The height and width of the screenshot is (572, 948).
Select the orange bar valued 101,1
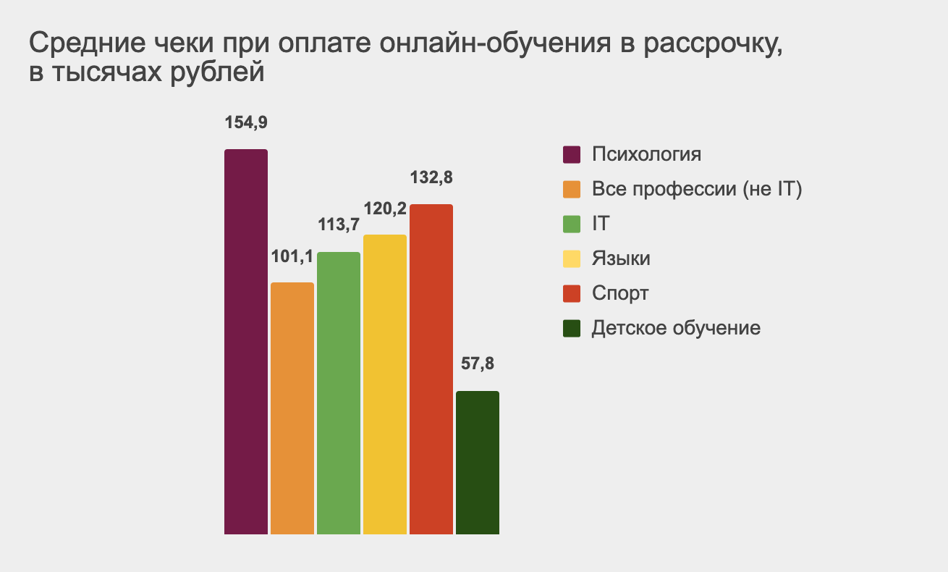(x=292, y=408)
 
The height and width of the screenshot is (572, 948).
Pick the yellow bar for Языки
(x=385, y=384)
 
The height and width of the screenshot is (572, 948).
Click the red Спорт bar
(x=431, y=369)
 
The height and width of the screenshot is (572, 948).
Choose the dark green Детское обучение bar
(x=478, y=463)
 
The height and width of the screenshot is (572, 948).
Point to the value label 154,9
(x=246, y=122)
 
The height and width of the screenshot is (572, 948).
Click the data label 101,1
(x=292, y=256)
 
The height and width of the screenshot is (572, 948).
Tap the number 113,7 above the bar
(x=339, y=225)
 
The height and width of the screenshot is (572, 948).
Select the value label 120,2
(x=385, y=209)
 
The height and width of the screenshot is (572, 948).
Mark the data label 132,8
(x=431, y=177)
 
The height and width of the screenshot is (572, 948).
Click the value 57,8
(x=478, y=364)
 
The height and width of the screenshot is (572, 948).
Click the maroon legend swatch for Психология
(x=572, y=155)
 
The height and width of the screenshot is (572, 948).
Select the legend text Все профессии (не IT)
(x=698, y=190)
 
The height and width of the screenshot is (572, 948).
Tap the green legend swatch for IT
(x=572, y=224)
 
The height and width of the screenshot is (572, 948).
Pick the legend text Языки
(x=621, y=259)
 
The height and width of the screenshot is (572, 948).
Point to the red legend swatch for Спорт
(x=572, y=294)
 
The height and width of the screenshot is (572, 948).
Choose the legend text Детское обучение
(x=676, y=328)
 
